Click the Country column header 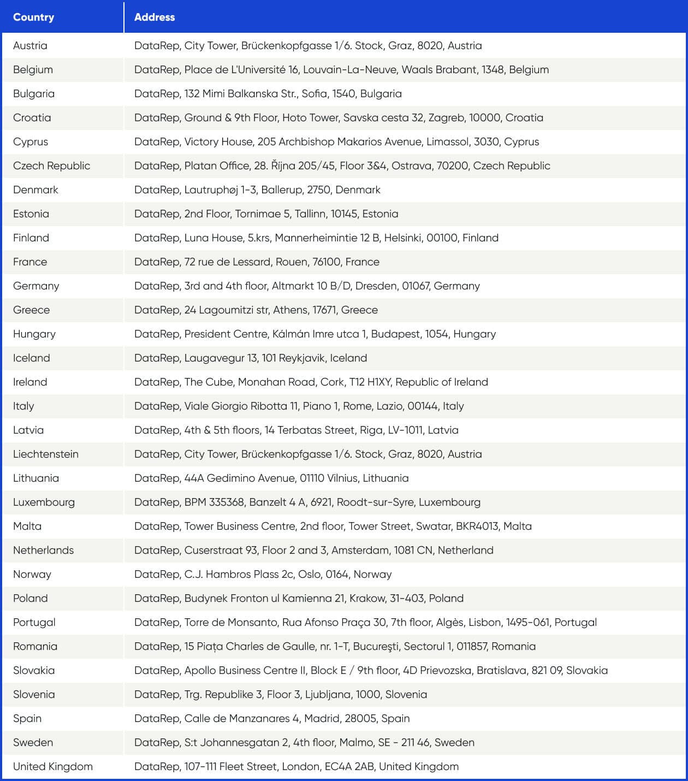tap(33, 17)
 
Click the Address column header tap(155, 17)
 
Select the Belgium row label tap(33, 69)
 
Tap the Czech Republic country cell tap(51, 165)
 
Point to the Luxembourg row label tap(44, 502)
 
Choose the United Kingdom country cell tap(52, 766)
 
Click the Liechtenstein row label tap(45, 454)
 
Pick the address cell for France tap(257, 262)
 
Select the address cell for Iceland tap(251, 358)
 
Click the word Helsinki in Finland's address tap(403, 238)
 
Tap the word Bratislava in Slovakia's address tap(501, 670)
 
